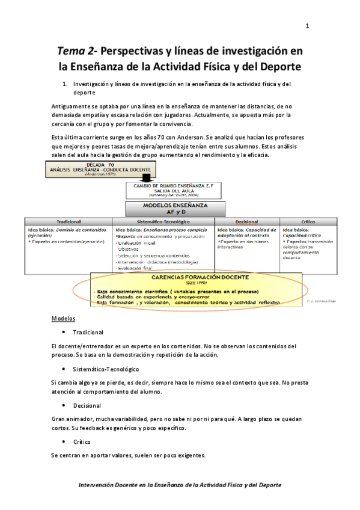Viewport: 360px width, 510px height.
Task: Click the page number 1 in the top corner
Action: (x=308, y=26)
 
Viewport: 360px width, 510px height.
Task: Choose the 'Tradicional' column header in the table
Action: (x=69, y=222)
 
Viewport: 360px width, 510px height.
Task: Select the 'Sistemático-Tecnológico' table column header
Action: (x=163, y=222)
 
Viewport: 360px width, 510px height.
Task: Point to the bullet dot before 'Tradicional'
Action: (x=64, y=332)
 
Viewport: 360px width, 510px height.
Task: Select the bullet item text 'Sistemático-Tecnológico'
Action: (x=105, y=369)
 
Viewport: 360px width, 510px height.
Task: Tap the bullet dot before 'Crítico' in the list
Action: (x=64, y=441)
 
